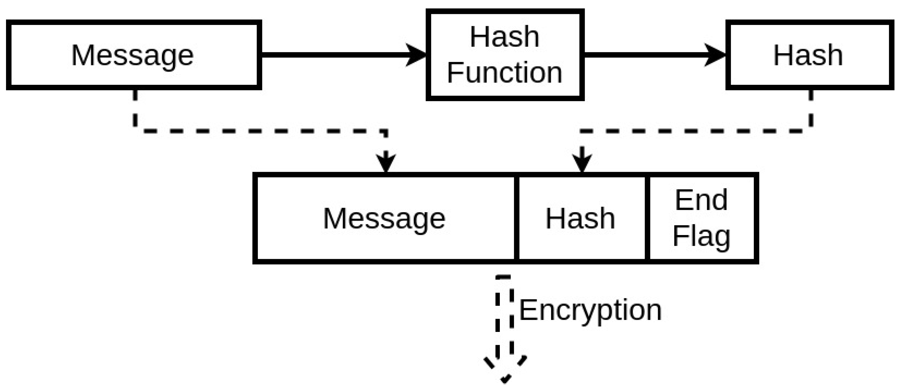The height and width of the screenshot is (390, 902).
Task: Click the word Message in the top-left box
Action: pyautogui.click(x=132, y=56)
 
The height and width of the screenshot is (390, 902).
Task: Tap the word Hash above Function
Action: pyautogui.click(x=505, y=37)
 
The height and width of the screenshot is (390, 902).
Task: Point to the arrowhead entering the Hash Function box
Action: pyautogui.click(x=416, y=55)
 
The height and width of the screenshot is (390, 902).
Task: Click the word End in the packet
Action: pyautogui.click(x=701, y=200)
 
